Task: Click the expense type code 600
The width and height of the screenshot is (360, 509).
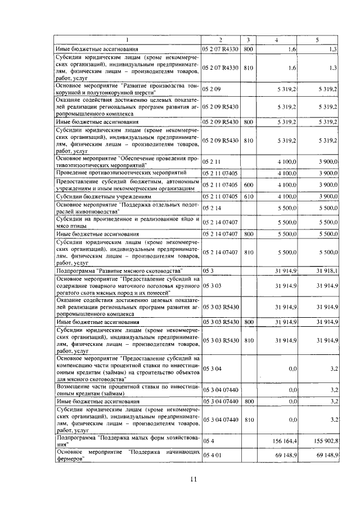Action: [x=249, y=185]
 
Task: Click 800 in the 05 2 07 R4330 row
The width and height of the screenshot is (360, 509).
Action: [x=249, y=50]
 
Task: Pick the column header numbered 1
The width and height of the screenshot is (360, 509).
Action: [x=128, y=40]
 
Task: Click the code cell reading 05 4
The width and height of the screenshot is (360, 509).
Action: [x=208, y=442]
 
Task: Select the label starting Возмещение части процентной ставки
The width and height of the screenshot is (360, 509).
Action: [x=127, y=389]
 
